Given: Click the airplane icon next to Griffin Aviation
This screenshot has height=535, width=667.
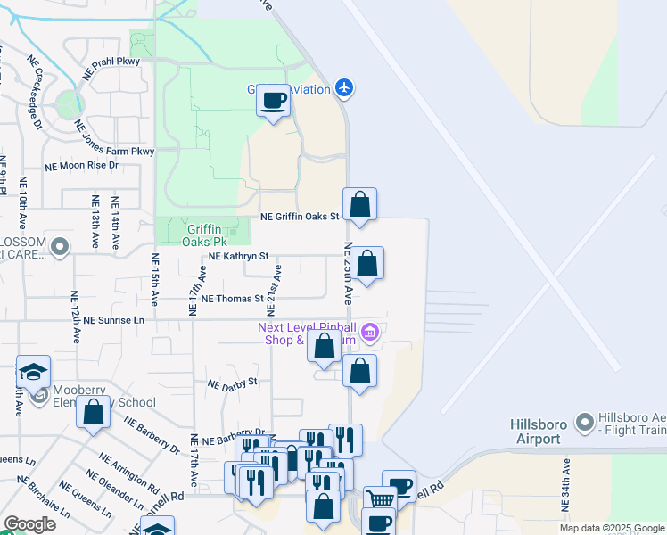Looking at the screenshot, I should click(x=345, y=87).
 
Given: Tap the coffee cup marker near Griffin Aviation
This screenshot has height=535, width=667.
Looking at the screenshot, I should click(x=274, y=100).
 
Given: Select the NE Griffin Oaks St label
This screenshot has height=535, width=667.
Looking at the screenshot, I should click(x=300, y=216).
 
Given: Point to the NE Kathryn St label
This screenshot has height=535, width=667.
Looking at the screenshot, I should click(x=238, y=256).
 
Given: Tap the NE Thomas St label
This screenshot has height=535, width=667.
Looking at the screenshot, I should click(x=233, y=300).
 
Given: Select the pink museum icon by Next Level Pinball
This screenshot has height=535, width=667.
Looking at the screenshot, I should click(x=371, y=333).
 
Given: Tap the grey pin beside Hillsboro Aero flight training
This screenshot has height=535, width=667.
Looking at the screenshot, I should click(x=585, y=420).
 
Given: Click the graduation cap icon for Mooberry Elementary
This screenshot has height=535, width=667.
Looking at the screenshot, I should click(x=33, y=372).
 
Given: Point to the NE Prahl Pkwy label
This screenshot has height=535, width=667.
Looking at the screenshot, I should click(x=111, y=69).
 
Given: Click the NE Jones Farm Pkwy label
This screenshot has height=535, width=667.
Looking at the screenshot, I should click(x=114, y=138).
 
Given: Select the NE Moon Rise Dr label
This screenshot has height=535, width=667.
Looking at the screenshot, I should click(x=82, y=165).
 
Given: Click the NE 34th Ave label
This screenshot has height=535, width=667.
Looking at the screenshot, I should click(x=565, y=486).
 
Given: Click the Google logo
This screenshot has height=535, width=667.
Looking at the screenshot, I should click(x=29, y=524).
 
